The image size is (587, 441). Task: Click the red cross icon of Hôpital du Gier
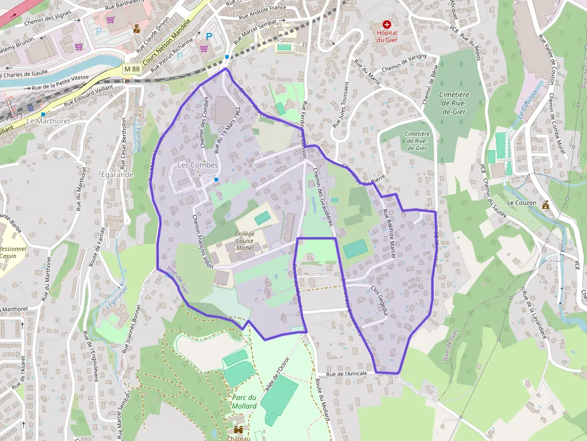pos(386,24)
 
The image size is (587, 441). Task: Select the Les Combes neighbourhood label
pos(193,165)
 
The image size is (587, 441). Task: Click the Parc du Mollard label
pos(244,402)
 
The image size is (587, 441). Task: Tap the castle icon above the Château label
pos(238,430)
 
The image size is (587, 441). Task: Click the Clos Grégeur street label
pos(380,300)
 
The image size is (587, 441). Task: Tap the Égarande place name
pos(117,175)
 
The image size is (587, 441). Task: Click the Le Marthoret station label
pos(49,121)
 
